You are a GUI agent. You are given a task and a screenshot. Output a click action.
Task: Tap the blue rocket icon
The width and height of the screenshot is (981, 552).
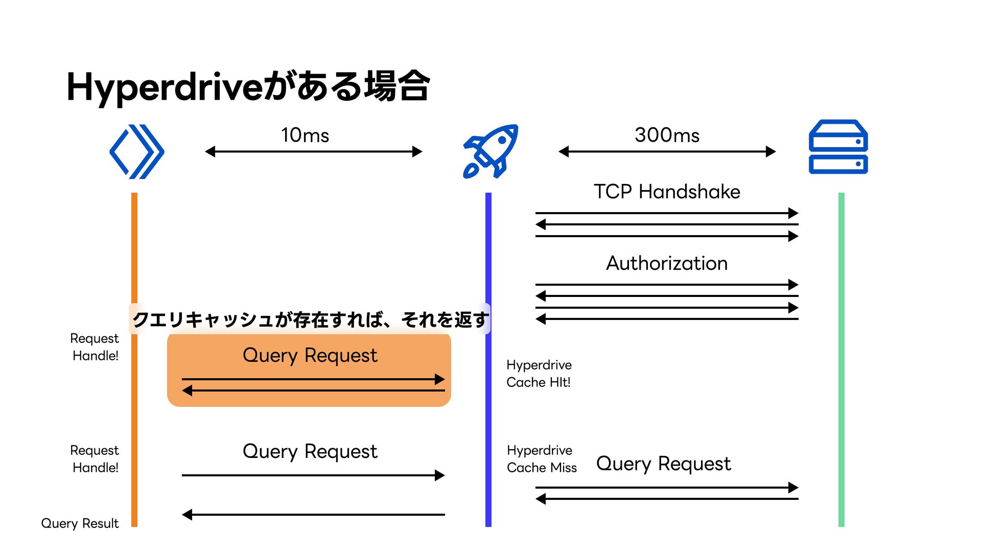(x=491, y=151)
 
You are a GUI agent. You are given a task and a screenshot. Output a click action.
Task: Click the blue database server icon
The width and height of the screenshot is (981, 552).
(x=838, y=147)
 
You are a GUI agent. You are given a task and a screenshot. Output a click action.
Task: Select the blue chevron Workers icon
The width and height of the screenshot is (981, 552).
(x=137, y=152)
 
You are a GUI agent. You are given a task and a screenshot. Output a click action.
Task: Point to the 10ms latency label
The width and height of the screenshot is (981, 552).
(x=305, y=135)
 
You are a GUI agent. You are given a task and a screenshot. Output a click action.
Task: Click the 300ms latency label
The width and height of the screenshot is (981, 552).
(x=667, y=135)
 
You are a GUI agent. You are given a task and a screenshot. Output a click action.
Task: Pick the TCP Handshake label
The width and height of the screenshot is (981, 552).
(x=667, y=192)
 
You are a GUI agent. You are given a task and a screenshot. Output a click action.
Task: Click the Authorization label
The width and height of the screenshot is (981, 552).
(x=667, y=263)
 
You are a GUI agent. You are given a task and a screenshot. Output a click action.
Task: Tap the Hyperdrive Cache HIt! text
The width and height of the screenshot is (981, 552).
(x=539, y=374)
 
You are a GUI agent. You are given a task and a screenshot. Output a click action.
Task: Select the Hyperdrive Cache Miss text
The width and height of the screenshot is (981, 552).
(x=542, y=459)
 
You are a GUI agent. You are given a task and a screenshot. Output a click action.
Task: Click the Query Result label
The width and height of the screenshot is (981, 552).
(x=80, y=523)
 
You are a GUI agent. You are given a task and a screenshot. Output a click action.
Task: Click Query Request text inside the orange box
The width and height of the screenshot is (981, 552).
(x=310, y=355)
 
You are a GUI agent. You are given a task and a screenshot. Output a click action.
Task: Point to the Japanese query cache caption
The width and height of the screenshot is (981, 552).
(x=310, y=319)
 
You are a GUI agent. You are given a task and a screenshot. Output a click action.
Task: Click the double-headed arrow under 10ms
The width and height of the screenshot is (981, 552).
(x=314, y=152)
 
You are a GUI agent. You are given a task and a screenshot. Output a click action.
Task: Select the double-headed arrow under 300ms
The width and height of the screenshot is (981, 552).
(x=667, y=152)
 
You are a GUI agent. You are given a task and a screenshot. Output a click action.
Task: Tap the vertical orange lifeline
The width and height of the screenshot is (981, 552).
(x=134, y=359)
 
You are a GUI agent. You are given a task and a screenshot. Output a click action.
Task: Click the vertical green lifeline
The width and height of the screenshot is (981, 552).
(x=842, y=359)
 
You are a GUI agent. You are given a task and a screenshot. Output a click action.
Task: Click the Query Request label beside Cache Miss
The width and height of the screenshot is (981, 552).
(x=664, y=464)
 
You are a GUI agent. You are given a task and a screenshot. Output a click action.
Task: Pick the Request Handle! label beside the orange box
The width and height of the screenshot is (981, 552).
(x=95, y=347)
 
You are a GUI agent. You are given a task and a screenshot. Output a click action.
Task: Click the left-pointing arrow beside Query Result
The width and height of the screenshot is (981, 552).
(x=313, y=515)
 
